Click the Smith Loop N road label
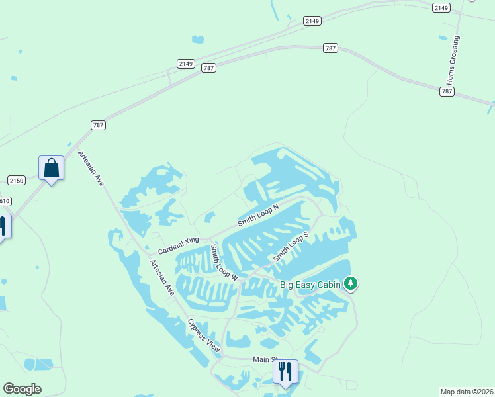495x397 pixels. click(x=258, y=214)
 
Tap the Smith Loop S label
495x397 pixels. click(x=292, y=247)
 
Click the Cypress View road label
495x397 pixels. click(x=203, y=335)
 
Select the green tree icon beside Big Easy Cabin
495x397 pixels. click(x=351, y=285)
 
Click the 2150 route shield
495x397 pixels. click(x=17, y=180)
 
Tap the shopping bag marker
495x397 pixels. click(x=51, y=169)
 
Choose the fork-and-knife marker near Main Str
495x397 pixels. click(x=285, y=373)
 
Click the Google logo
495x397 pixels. click(x=22, y=389)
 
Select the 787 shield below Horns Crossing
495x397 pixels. click(x=447, y=91)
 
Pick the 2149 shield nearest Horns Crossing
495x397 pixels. click(x=441, y=7)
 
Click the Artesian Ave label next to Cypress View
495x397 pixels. click(x=161, y=277)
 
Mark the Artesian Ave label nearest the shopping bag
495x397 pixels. click(x=91, y=168)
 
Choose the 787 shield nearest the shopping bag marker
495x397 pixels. click(x=98, y=124)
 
